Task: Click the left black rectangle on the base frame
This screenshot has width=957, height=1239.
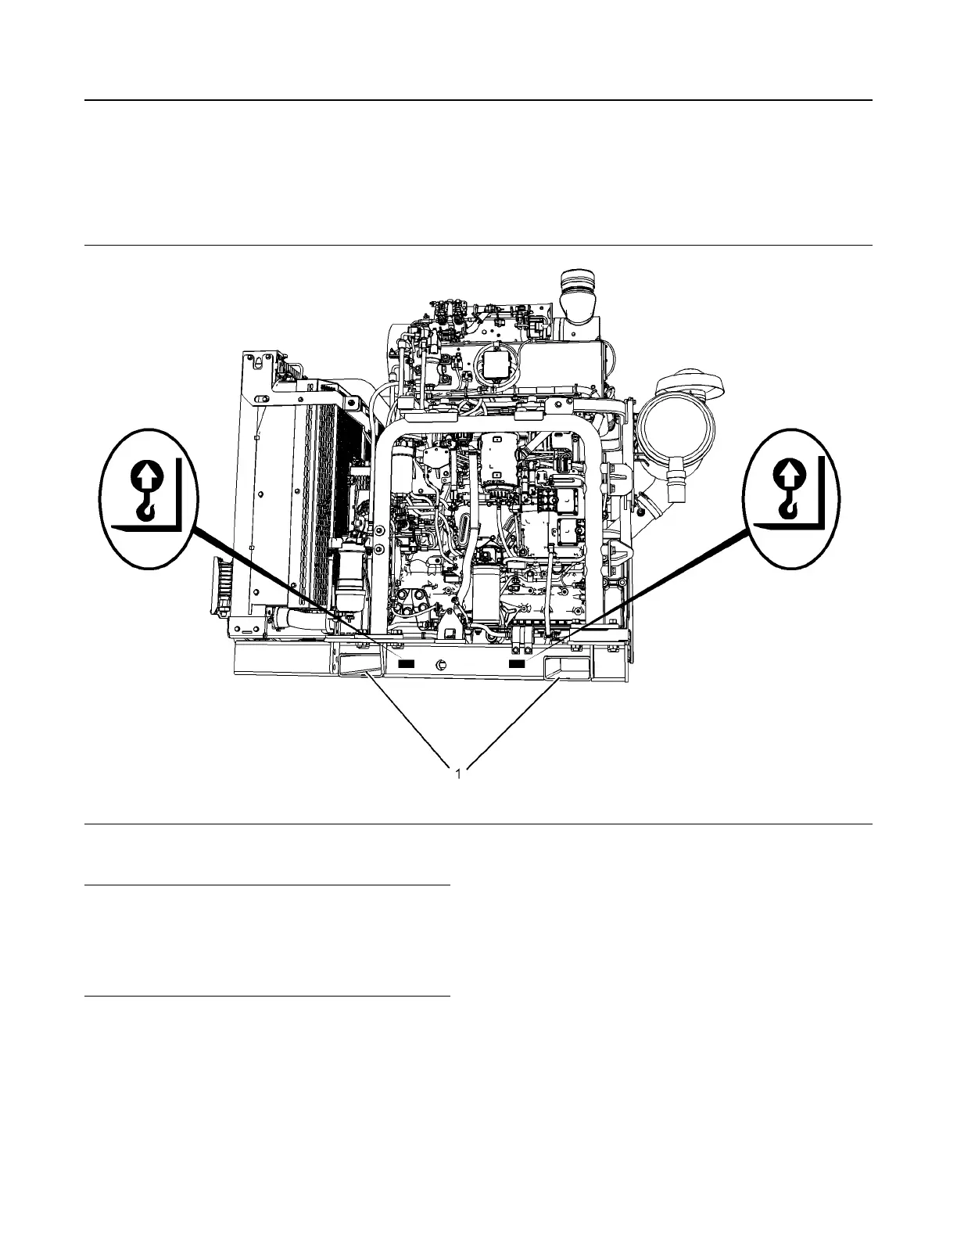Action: click(406, 663)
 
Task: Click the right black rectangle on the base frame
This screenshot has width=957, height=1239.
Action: click(517, 663)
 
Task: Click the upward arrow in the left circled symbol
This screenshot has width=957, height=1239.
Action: click(148, 474)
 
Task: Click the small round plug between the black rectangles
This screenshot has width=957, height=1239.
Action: click(441, 665)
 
